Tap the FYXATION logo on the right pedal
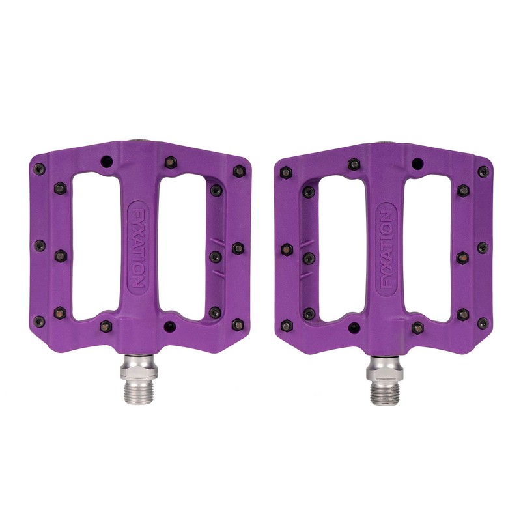385,249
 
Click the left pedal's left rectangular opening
96,247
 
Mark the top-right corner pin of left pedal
239,171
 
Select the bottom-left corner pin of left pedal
40,321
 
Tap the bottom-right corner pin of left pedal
238,324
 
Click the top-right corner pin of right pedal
483,172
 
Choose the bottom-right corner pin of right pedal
483,323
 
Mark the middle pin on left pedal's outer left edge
39,246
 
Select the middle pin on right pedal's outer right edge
483,247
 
